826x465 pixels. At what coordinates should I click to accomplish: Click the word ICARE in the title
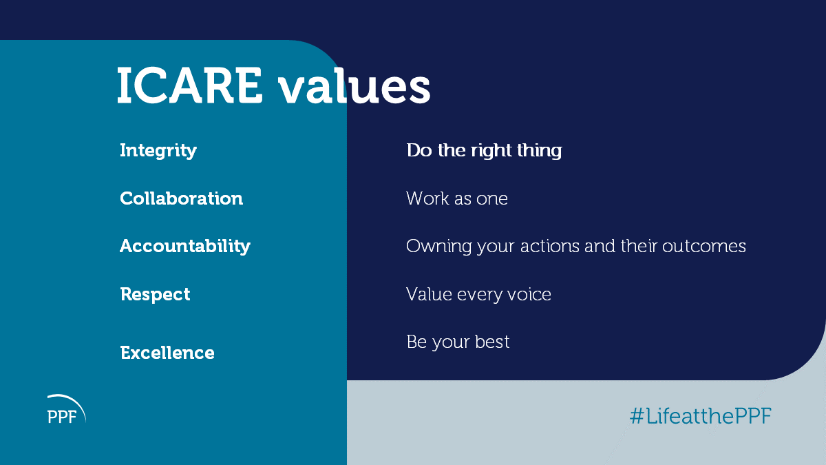[190, 85]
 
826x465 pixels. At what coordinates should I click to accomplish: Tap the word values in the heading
[354, 85]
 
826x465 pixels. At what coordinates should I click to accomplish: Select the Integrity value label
[158, 151]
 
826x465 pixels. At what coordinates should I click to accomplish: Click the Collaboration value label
[182, 198]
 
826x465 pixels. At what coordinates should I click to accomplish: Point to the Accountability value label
[185, 246]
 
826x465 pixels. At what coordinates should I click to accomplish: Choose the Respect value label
[156, 295]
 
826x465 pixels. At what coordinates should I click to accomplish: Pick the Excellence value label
[167, 353]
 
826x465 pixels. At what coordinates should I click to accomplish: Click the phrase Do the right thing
[484, 151]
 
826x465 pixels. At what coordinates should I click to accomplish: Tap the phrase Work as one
[457, 198]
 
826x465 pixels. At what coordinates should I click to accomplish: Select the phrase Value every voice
[478, 295]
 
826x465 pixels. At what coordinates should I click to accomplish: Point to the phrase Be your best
[458, 342]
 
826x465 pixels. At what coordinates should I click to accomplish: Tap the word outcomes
[704, 247]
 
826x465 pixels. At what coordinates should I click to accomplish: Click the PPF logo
[67, 409]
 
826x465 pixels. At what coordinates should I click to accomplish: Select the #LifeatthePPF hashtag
[701, 416]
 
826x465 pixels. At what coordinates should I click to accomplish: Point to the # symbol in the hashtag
[637, 416]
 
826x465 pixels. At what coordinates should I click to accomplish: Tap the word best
[492, 342]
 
